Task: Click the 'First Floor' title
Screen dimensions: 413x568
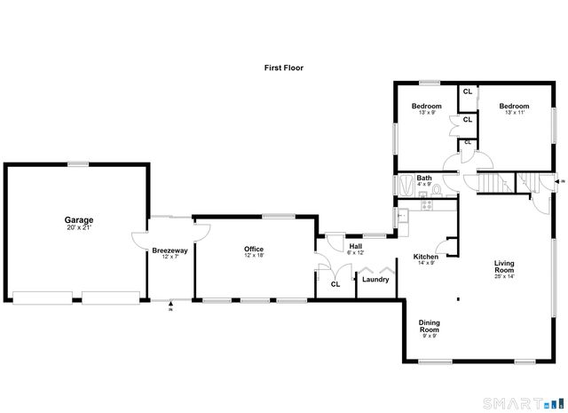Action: (284, 68)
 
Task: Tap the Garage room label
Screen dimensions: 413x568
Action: (78, 220)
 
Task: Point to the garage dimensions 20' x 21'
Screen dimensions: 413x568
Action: (78, 227)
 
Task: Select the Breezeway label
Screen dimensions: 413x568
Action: (170, 251)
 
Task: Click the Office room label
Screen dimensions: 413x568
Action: (254, 249)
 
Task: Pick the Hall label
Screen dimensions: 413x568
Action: (355, 246)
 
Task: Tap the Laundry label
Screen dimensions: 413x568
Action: (375, 280)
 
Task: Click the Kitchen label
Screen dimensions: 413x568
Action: (426, 257)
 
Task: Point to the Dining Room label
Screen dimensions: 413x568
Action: (430, 326)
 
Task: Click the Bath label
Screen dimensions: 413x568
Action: (424, 178)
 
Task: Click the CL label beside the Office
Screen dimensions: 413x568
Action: (335, 284)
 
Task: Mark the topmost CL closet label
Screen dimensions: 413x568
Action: (467, 91)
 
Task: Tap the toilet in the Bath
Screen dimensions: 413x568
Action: (436, 188)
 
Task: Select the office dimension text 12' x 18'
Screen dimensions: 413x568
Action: (254, 256)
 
